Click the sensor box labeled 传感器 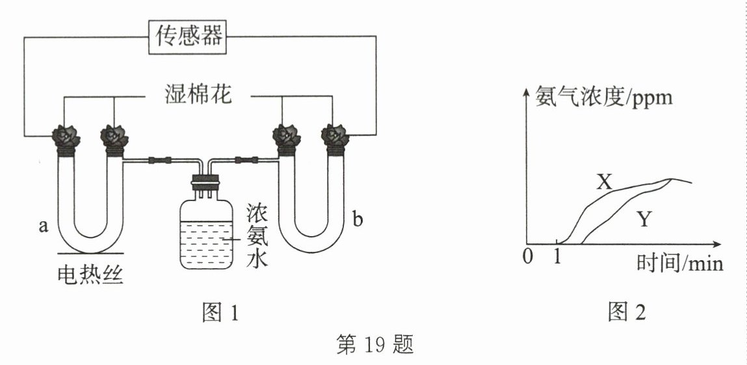[187, 36]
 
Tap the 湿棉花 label [197, 94]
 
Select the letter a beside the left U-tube [44, 226]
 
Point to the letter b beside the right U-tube [358, 220]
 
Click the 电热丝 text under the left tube [90, 275]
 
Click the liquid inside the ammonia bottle [205, 243]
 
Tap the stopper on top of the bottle [205, 181]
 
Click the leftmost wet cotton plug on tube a [66, 137]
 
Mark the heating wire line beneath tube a [90, 254]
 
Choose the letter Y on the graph [644, 220]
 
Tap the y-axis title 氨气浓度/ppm [604, 96]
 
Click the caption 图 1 [220, 312]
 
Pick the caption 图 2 [627, 312]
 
